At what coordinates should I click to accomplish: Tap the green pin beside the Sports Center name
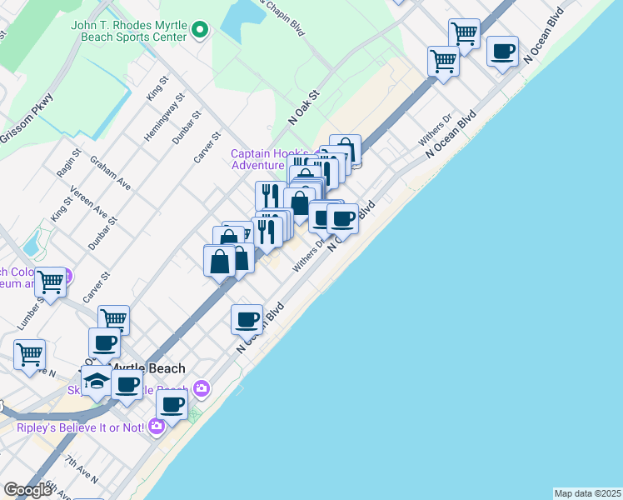click(199, 32)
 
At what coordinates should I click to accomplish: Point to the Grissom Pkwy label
click(27, 119)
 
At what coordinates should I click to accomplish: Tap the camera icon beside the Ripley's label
click(157, 427)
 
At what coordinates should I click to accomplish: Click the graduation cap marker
click(97, 380)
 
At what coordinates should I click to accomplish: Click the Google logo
click(27, 490)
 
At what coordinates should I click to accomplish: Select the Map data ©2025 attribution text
click(587, 493)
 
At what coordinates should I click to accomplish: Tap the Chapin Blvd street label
click(283, 17)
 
